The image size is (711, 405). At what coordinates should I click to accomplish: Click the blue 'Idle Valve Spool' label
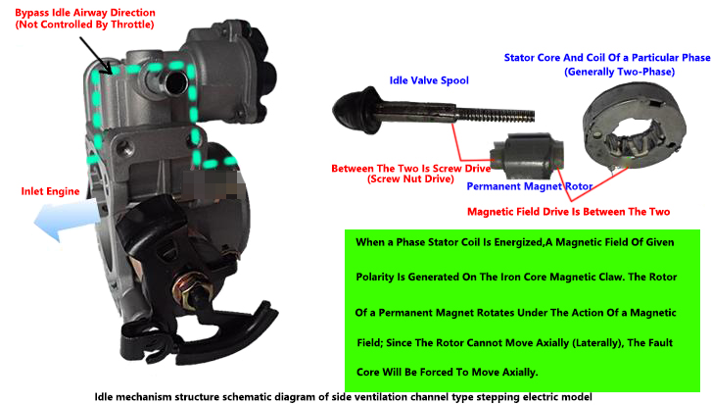coord(429,80)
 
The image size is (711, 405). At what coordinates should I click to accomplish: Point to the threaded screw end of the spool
coord(495,115)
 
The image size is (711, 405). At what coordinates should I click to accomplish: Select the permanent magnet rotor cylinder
coord(527,156)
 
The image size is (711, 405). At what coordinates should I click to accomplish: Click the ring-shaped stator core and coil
coord(634,126)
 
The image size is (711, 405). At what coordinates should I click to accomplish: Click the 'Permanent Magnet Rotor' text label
coord(529,186)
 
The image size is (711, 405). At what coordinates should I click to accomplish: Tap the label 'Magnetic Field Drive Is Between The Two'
coord(568,212)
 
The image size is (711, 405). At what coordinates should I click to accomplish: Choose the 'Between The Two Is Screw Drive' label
coord(410,169)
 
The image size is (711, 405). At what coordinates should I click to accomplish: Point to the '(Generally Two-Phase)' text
coord(619,72)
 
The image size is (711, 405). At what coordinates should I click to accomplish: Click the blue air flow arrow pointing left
coord(67,220)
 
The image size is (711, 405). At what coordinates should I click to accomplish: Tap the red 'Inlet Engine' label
coord(50,191)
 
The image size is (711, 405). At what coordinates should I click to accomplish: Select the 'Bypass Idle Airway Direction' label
coord(85,13)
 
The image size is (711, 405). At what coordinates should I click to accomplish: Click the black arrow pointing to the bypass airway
coord(96,55)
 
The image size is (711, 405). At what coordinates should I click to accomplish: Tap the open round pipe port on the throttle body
coord(176,82)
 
